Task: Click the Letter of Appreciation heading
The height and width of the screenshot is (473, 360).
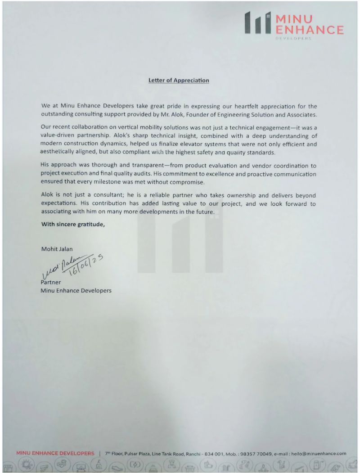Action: pyautogui.click(x=179, y=81)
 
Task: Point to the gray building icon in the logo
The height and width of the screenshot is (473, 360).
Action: pyautogui.click(x=258, y=23)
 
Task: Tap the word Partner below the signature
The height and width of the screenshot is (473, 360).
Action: pyautogui.click(x=51, y=283)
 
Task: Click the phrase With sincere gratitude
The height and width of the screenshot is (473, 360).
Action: pyautogui.click(x=73, y=224)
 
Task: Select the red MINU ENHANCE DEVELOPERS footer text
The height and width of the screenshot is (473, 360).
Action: pyautogui.click(x=55, y=454)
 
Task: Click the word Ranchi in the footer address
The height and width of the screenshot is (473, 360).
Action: pyautogui.click(x=185, y=454)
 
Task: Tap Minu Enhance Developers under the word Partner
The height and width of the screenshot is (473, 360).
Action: pyautogui.click(x=76, y=290)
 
